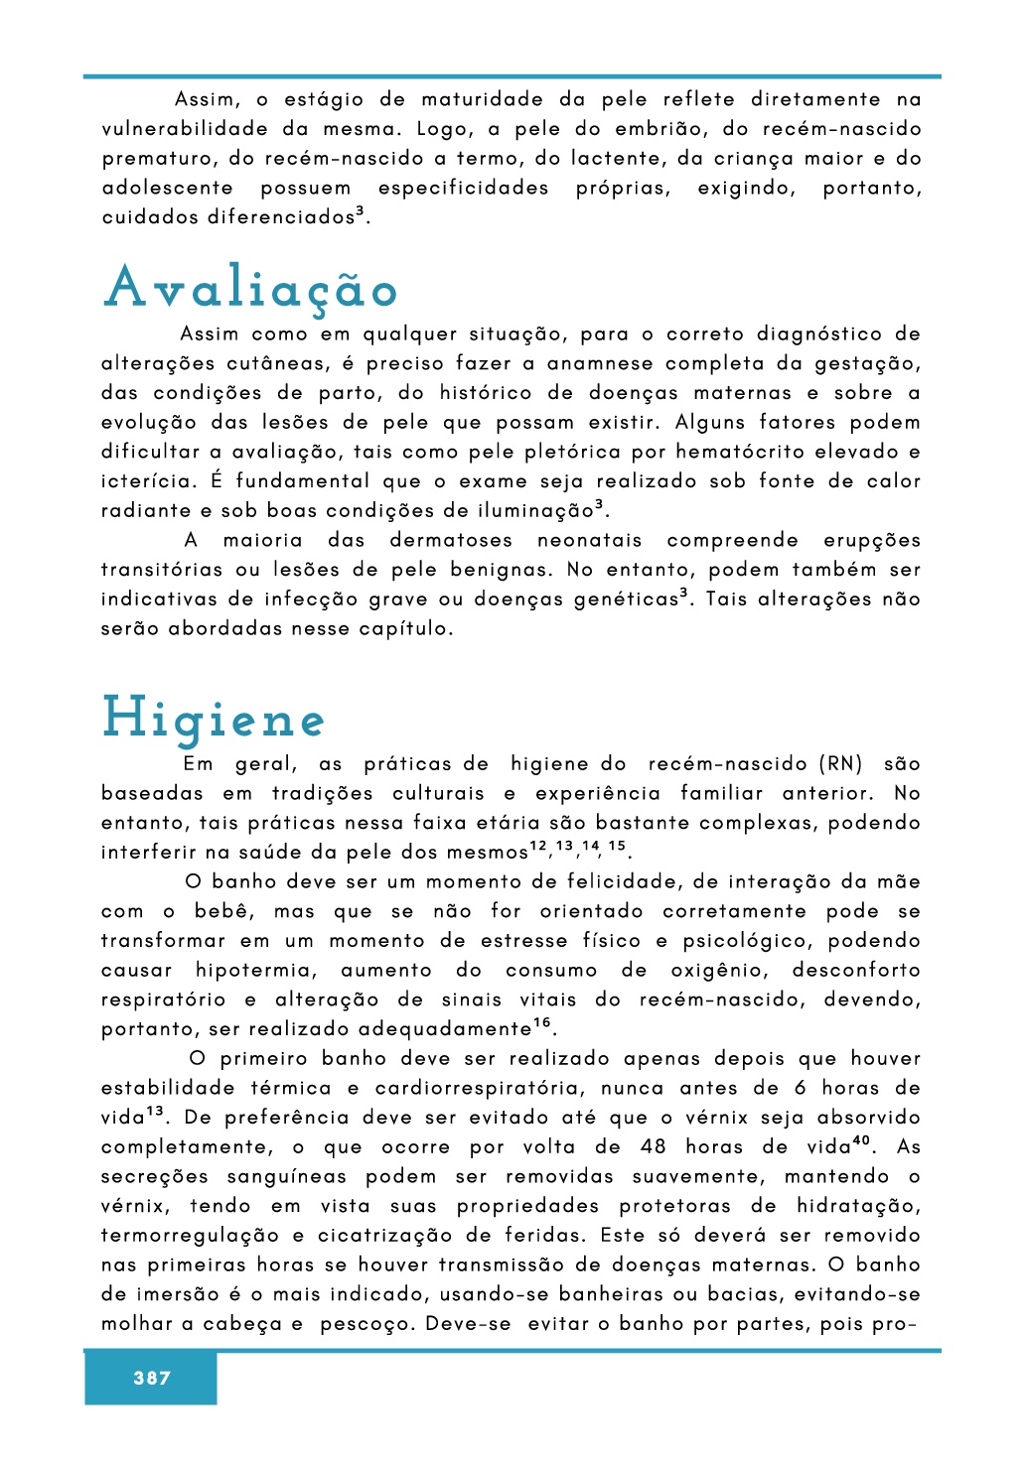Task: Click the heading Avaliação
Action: click(x=251, y=288)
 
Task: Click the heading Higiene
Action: click(x=214, y=719)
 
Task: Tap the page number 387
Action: click(x=152, y=1378)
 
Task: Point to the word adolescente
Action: click(x=168, y=188)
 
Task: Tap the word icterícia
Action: click(x=147, y=481)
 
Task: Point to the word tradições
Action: click(x=322, y=793)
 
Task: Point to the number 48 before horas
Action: click(x=654, y=1147)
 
